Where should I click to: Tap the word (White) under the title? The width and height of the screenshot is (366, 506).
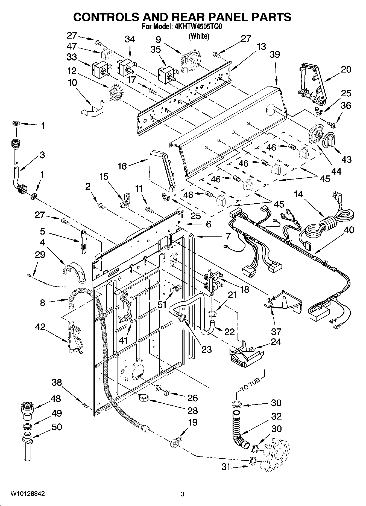click(199, 36)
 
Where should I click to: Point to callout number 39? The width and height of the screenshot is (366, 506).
click(275, 54)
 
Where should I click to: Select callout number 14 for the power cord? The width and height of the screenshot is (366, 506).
click(299, 194)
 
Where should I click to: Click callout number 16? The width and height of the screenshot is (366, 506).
click(122, 166)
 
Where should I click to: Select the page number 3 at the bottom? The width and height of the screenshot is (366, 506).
click(183, 494)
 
